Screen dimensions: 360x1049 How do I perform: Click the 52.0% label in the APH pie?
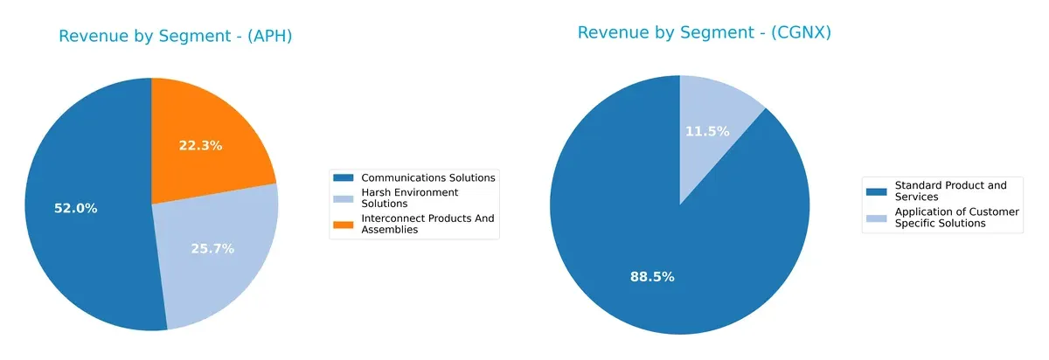(73, 208)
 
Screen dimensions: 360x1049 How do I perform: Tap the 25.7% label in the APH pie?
(212, 248)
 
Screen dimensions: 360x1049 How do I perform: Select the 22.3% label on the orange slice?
(200, 146)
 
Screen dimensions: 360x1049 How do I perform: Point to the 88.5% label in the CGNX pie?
(652, 277)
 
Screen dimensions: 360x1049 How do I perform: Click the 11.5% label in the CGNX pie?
(707, 131)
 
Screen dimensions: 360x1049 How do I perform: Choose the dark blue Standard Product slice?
(629, 227)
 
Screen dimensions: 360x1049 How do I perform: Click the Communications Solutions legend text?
(428, 177)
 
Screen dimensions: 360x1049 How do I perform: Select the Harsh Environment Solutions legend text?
(409, 197)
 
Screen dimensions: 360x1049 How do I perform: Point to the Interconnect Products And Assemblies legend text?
(427, 225)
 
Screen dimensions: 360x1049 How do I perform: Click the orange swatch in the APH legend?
(344, 225)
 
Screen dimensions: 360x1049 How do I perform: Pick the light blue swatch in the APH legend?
(344, 197)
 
